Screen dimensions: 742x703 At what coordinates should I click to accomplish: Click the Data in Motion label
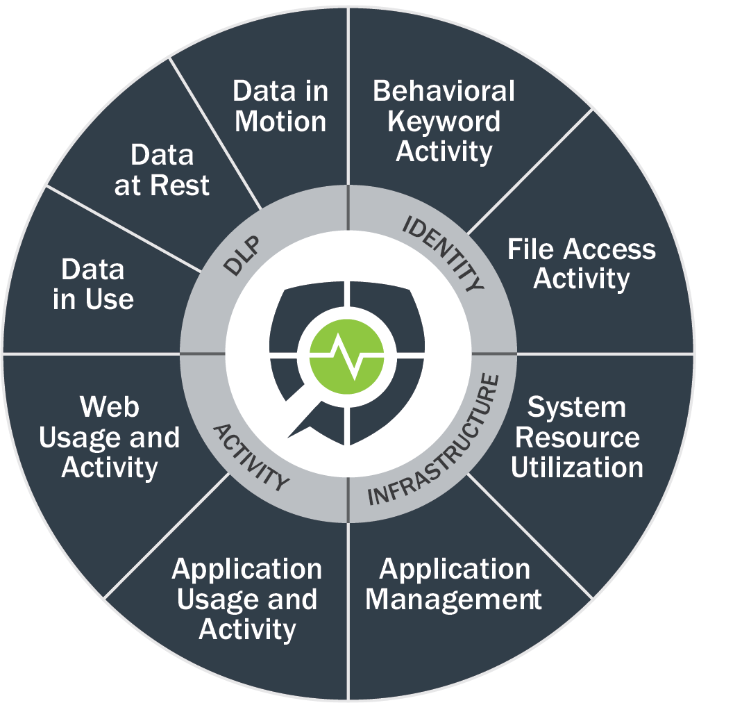[x=280, y=106]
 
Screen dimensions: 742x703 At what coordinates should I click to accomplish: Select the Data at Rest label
[x=162, y=170]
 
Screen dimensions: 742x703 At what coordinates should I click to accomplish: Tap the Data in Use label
[x=93, y=284]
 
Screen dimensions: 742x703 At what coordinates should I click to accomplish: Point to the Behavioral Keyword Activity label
[x=444, y=121]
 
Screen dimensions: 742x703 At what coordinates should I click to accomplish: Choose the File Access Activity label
[x=581, y=264]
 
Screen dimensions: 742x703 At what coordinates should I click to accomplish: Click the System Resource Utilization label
[x=577, y=437]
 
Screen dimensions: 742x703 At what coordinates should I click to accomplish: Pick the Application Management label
[x=454, y=584]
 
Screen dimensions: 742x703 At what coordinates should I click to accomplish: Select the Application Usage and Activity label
[x=247, y=599]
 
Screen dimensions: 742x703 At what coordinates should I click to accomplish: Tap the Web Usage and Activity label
[x=110, y=437]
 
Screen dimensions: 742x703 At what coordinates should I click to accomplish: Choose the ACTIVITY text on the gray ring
[x=249, y=458]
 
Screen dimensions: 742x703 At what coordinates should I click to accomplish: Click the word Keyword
[x=444, y=122]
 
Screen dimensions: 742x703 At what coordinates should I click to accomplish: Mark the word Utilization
[x=577, y=467]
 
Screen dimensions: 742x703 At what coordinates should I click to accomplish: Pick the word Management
[x=454, y=599]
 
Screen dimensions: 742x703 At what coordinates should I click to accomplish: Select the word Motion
[x=280, y=122]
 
